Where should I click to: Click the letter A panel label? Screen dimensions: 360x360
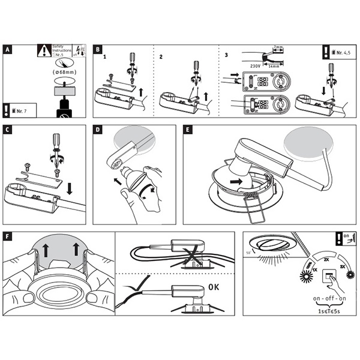coord(8,49)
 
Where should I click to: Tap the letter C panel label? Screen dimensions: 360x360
coord(8,130)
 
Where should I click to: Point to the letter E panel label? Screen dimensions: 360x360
coord(188,130)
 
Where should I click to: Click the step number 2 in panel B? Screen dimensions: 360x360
coord(161,57)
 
